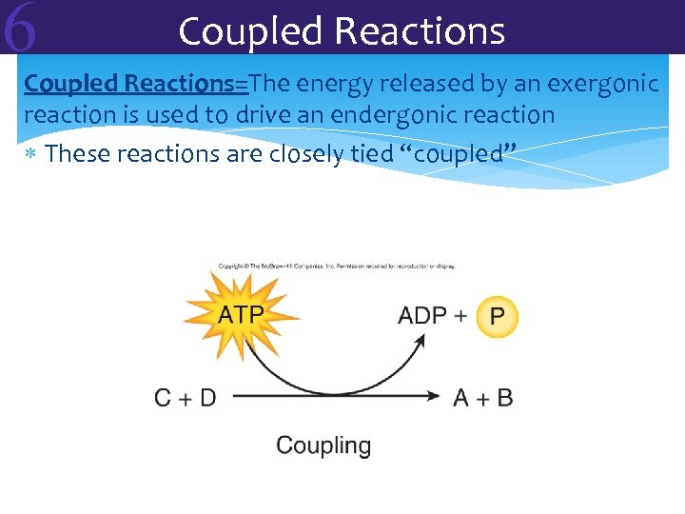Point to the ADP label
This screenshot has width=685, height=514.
pyautogui.click(x=421, y=315)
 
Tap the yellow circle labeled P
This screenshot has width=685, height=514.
pyautogui.click(x=497, y=316)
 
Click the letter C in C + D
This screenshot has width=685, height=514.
pyautogui.click(x=164, y=398)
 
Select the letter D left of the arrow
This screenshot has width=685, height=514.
pyautogui.click(x=207, y=398)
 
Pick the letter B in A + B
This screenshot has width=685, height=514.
pyautogui.click(x=504, y=398)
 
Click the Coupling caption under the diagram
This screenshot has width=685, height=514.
pyautogui.click(x=323, y=445)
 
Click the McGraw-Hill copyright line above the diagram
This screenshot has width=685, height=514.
pyautogui.click(x=336, y=266)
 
